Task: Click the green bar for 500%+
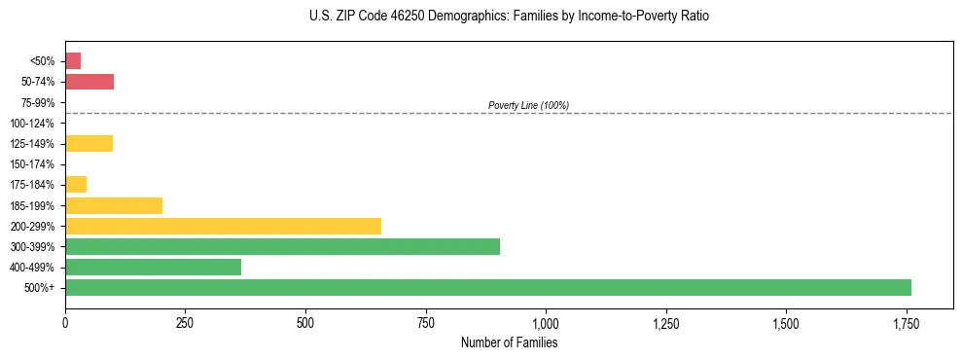click(487, 288)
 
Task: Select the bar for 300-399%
click(282, 247)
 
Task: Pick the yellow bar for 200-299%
click(223, 227)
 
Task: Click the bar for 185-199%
click(114, 206)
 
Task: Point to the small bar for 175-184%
click(76, 185)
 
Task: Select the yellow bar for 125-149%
click(89, 144)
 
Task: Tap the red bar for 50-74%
click(89, 82)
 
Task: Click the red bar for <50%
click(73, 61)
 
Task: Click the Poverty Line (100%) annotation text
click(528, 105)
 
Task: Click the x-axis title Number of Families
click(509, 342)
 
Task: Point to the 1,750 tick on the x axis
click(906, 322)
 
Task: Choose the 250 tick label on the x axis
click(185, 322)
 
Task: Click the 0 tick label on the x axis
click(65, 322)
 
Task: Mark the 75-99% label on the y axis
click(37, 103)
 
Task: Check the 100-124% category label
click(34, 124)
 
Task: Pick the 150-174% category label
click(34, 164)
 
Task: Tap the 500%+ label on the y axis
click(41, 288)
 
